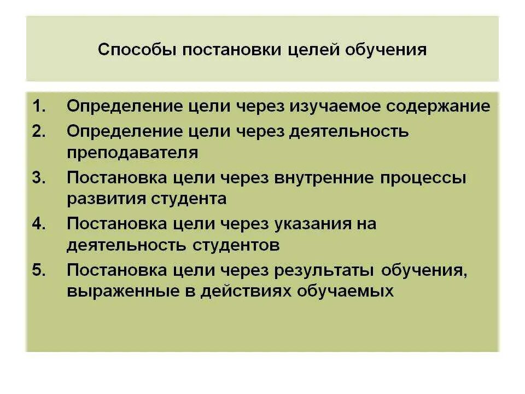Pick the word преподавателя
point(132,152)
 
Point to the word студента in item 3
point(194,198)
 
